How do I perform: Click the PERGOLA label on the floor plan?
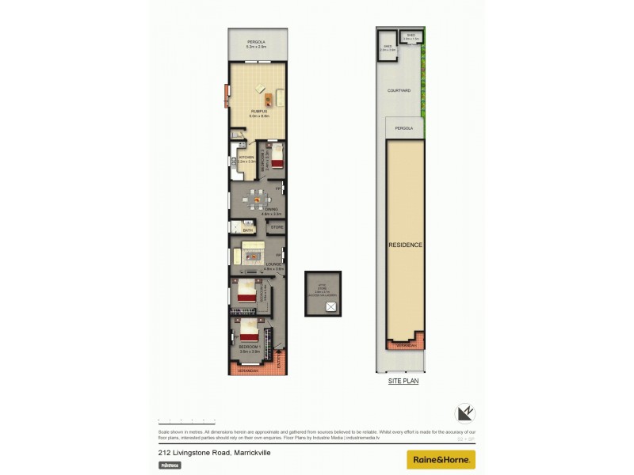255,41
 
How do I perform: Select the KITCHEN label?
246,158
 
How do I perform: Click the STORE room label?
277,228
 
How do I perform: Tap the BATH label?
247,230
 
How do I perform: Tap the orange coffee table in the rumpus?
269,99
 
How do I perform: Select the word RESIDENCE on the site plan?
405,245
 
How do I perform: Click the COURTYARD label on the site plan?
399,91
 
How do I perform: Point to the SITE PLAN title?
403,382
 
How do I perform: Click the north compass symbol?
464,412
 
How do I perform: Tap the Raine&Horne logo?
441,459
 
